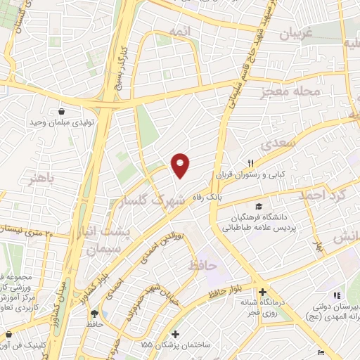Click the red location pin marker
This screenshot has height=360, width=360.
[181, 166]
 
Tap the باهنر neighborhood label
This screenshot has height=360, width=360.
[41, 175]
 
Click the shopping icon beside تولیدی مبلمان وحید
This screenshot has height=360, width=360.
[62, 111]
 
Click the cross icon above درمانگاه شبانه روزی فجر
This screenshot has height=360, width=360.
[262, 292]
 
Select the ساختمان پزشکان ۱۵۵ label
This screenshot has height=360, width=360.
[175, 345]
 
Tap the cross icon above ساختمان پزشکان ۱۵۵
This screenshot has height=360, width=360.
[175, 334]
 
